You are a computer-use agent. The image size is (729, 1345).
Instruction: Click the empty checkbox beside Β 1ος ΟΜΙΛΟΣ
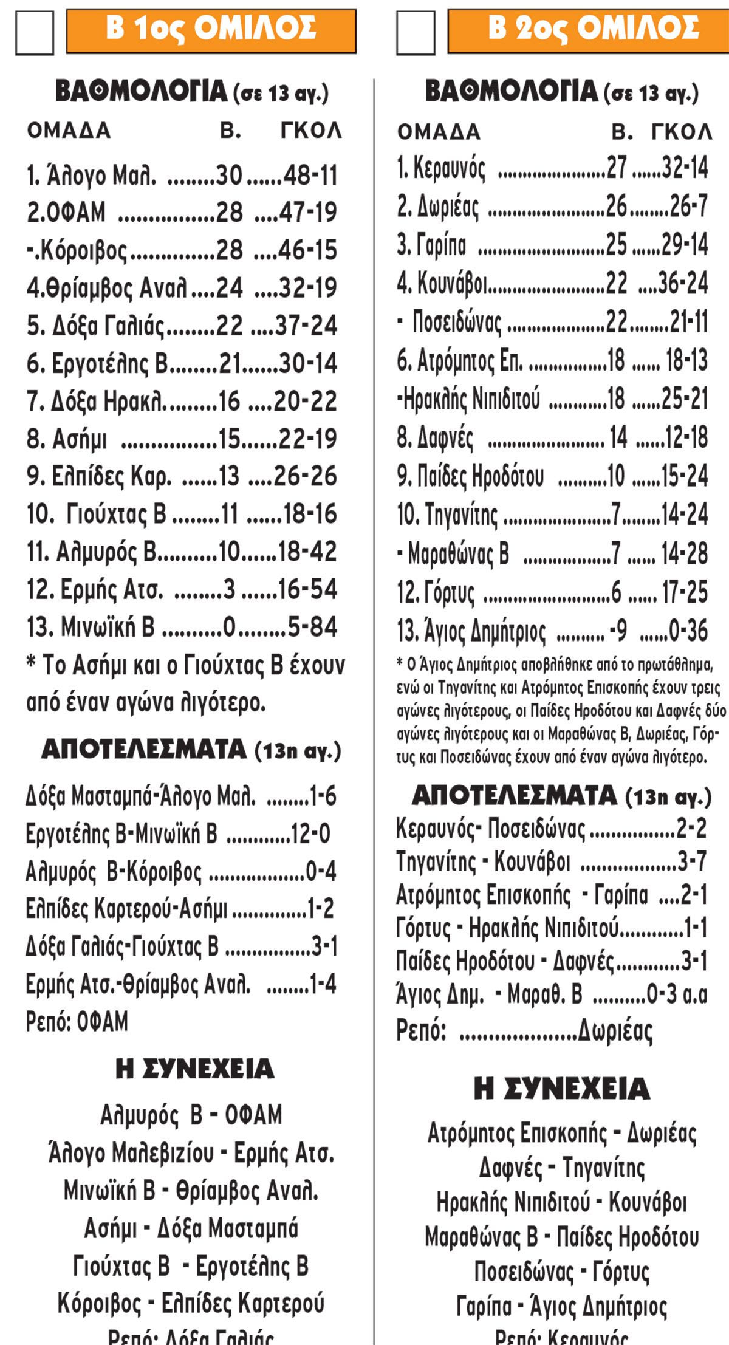34,32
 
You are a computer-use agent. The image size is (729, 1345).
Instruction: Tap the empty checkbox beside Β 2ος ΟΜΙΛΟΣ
416,32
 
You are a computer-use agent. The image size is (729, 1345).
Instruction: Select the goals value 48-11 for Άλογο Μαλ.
310,176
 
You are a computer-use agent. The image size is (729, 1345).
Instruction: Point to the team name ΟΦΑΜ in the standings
66,213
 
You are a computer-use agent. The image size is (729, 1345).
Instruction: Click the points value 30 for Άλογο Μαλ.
229,176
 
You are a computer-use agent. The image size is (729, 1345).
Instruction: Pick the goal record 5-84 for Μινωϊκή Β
312,627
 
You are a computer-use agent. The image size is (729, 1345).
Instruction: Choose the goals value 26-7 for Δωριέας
688,207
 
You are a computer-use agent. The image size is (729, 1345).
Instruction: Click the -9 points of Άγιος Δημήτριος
618,631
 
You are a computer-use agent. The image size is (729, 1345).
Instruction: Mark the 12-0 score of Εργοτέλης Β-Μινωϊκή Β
310,834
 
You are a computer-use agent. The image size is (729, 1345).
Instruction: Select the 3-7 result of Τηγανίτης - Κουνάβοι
692,861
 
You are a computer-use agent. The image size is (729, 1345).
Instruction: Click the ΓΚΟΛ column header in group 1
311,131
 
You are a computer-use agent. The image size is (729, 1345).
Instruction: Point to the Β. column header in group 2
623,132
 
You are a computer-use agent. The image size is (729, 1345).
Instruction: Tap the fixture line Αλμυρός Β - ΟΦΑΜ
191,1115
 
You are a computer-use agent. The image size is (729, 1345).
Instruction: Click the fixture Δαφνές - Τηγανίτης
561,1167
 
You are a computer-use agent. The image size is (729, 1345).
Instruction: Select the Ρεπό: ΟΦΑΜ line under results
77,1022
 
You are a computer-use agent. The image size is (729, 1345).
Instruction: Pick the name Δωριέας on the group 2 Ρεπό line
615,1030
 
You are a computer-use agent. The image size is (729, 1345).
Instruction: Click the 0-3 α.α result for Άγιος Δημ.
677,994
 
